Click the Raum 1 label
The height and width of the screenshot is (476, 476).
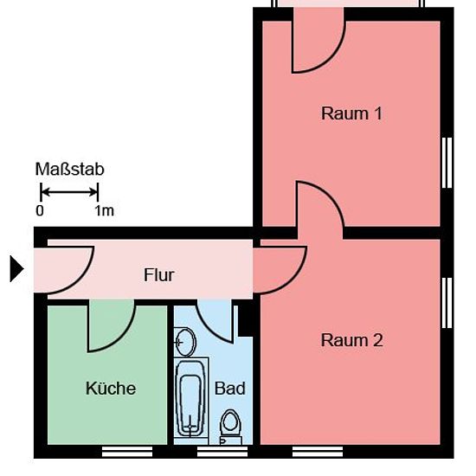coord(351,113)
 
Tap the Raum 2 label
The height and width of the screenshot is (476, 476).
coord(352,340)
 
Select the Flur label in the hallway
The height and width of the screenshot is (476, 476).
coord(158,275)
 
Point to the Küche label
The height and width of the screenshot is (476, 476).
coord(111,388)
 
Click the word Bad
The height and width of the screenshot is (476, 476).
coord(230,389)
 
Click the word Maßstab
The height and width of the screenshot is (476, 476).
coord(70,169)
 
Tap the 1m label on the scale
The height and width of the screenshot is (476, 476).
coord(105,210)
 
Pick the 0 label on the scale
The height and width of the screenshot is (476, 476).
coord(40,210)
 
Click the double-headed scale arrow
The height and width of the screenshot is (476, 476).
coord(69,192)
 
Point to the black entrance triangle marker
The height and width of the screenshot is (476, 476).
coord(16,268)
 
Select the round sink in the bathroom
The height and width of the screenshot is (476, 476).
coord(185,342)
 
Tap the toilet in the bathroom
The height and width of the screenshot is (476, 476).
coord(231,427)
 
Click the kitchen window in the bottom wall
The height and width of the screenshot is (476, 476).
coord(127,452)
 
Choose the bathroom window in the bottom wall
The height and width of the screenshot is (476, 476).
coord(222,452)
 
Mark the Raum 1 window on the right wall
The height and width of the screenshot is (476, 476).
coord(447,163)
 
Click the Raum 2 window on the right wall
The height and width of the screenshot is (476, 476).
coord(447,303)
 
